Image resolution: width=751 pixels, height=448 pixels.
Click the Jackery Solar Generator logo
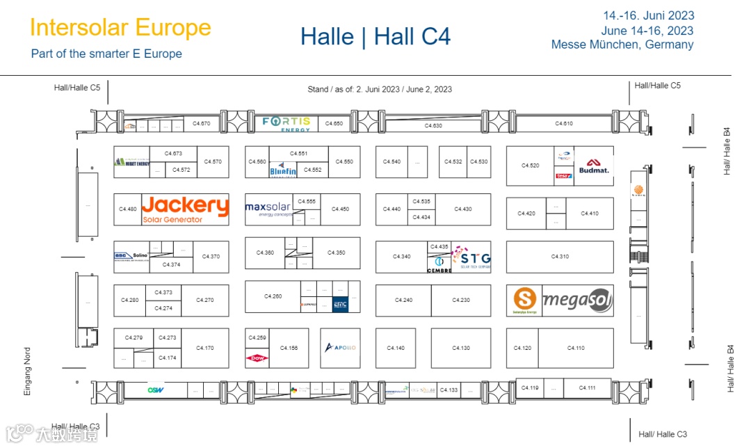click(185, 209)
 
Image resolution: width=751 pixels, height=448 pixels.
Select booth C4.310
click(560, 257)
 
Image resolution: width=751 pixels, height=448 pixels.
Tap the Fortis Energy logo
click(286, 124)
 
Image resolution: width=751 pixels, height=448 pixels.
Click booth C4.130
click(460, 348)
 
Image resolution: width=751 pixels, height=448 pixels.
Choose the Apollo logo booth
click(340, 348)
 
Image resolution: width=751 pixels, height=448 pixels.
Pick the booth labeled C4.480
click(128, 209)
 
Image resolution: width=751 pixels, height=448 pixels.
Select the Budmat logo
click(594, 166)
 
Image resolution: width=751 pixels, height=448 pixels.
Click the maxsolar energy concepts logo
click(268, 209)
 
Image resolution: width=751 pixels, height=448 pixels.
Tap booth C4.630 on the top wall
click(433, 126)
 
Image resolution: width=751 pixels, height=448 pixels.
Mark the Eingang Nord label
click(28, 371)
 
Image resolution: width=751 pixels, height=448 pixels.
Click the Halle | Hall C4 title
click(375, 36)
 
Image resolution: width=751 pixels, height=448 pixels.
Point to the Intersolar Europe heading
click(120, 28)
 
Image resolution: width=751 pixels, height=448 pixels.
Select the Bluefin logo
click(283, 168)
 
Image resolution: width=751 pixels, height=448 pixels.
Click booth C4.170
click(204, 348)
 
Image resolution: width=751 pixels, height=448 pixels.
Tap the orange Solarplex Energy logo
click(524, 301)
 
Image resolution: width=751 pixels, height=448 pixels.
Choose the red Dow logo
click(257, 358)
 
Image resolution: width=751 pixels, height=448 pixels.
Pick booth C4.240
click(403, 301)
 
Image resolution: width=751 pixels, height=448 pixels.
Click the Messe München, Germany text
click(622, 45)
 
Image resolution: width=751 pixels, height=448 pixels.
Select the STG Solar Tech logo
click(471, 257)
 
